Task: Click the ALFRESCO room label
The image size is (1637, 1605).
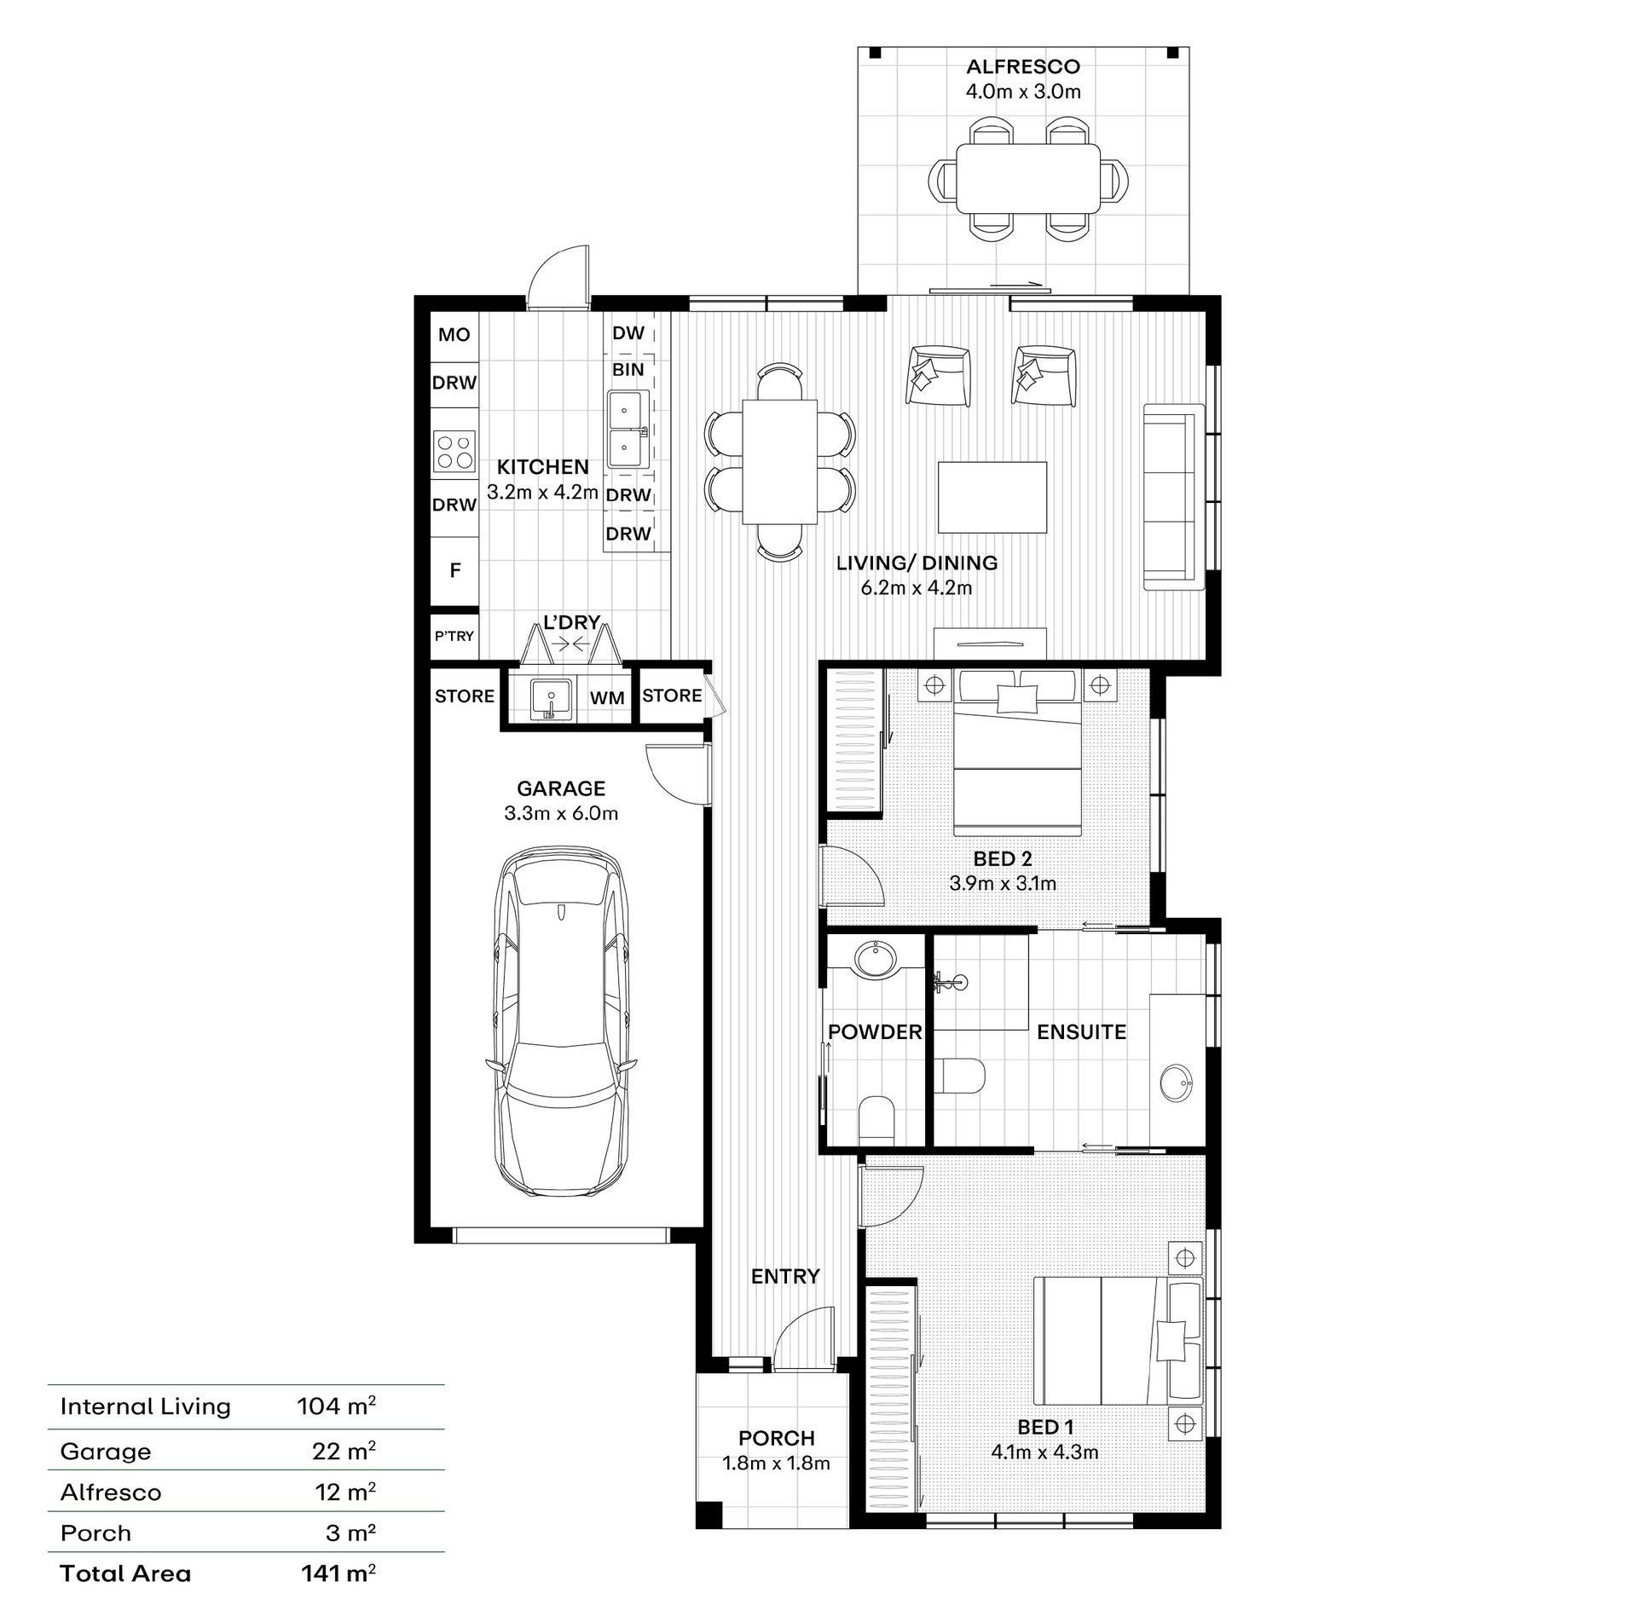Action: pyautogui.click(x=1022, y=66)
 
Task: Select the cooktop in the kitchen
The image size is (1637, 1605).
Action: pyautogui.click(x=454, y=452)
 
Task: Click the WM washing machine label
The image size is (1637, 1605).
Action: pyautogui.click(x=607, y=698)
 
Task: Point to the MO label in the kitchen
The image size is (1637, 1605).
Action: pyautogui.click(x=454, y=335)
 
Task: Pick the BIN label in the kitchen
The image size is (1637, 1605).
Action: pyautogui.click(x=628, y=370)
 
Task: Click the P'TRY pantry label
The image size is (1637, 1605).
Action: pyautogui.click(x=454, y=636)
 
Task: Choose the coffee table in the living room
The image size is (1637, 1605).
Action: pyautogui.click(x=992, y=497)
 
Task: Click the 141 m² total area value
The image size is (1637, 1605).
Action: pyautogui.click(x=338, y=1573)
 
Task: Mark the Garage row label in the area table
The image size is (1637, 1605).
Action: pyautogui.click(x=106, y=1452)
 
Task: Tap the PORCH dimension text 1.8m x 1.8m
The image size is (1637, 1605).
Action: pyautogui.click(x=776, y=1463)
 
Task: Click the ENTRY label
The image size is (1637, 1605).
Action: pyautogui.click(x=785, y=1276)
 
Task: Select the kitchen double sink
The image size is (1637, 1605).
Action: pyautogui.click(x=628, y=430)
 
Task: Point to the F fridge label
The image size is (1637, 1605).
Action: pyautogui.click(x=455, y=570)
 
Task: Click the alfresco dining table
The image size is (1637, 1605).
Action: pyautogui.click(x=1027, y=178)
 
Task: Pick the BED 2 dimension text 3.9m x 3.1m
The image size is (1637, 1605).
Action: pyautogui.click(x=1003, y=883)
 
